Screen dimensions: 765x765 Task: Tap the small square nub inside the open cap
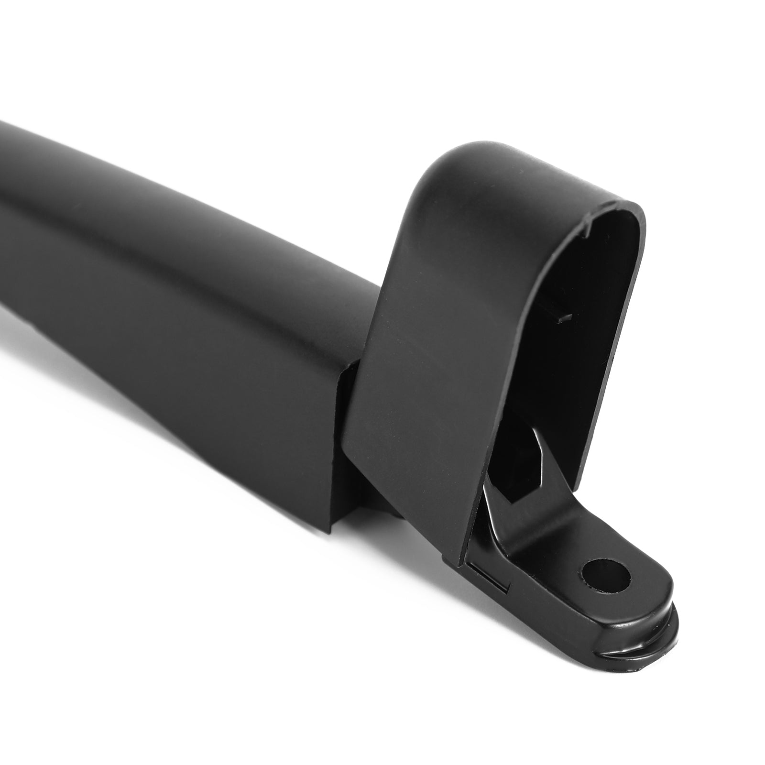coord(567,316)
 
